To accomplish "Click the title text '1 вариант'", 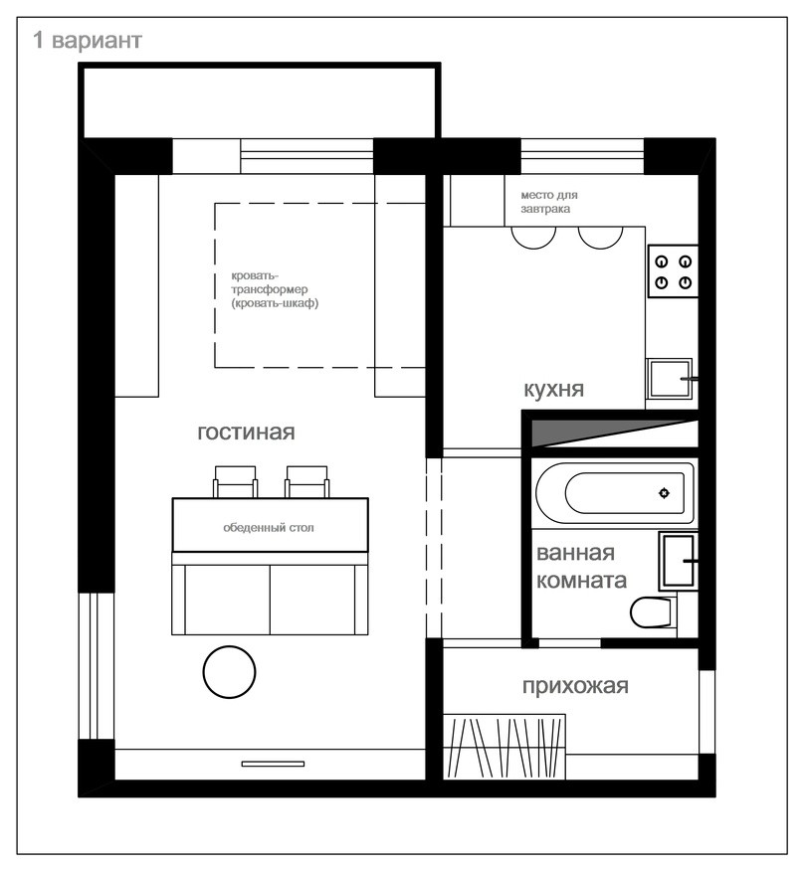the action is point(88,40).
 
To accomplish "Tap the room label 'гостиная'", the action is point(247,433).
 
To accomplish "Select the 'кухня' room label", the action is point(554,389).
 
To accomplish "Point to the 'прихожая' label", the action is point(575,687).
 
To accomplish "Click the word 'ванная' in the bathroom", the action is point(575,553).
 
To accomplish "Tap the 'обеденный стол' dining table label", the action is point(269,528).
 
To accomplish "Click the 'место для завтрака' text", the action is point(549,202).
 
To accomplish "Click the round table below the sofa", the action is point(229,672).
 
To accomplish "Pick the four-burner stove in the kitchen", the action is point(673,271).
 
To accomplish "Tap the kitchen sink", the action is point(670,380).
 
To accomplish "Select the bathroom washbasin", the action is point(679,561).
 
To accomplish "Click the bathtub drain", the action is point(664,493).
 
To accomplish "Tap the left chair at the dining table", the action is point(235,481).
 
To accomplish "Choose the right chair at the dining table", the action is point(306,481).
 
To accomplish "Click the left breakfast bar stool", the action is point(533,238).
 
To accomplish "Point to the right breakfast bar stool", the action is point(600,238).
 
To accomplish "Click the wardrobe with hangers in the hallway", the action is point(504,747).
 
